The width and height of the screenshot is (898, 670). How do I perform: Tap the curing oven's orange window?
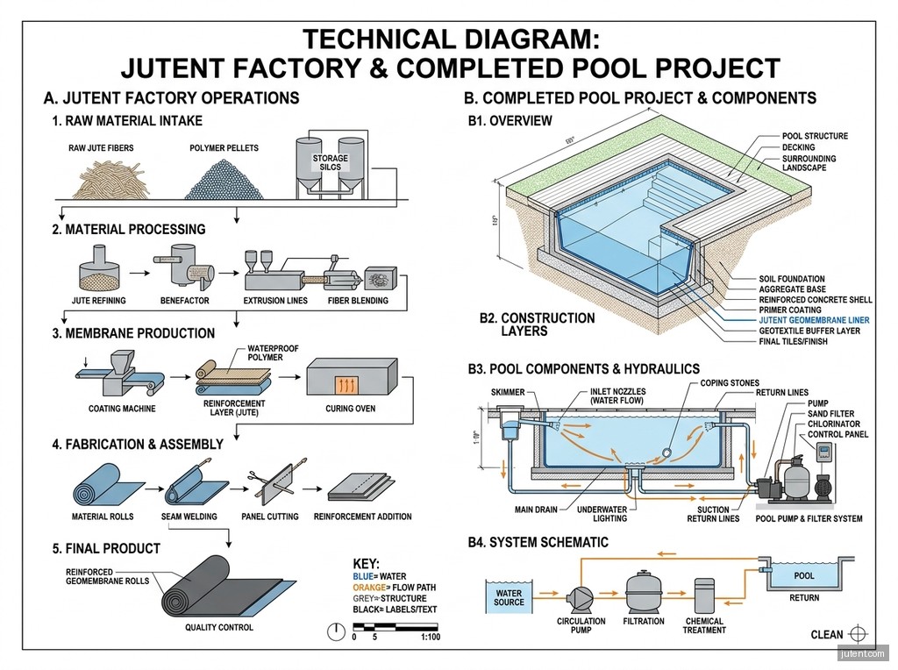point(344,383)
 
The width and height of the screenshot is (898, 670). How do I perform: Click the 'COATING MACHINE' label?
point(122,409)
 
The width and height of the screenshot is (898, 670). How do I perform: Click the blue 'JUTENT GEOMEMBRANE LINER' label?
point(814,320)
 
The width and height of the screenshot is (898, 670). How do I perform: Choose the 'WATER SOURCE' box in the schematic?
point(509,598)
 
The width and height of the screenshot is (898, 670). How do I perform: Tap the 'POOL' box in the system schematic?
point(803,576)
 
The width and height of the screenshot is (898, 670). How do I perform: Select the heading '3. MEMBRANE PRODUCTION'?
point(133,333)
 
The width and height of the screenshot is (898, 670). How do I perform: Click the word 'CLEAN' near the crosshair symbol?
point(827,635)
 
